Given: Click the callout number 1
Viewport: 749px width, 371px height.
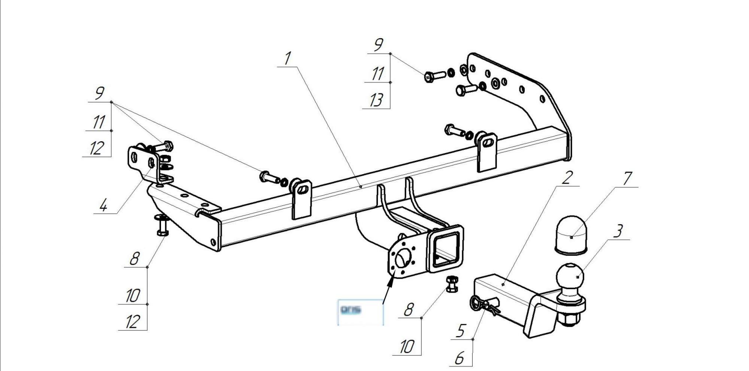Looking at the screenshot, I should [288, 59].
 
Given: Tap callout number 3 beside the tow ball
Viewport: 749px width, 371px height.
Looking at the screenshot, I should [618, 231].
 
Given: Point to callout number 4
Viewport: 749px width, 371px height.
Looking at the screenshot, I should [104, 205].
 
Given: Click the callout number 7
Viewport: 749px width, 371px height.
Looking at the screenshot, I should [627, 179].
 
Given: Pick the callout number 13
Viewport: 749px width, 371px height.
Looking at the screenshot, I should [376, 100].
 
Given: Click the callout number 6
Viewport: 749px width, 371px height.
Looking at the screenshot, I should [460, 358].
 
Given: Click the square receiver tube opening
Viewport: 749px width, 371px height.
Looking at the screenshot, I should [446, 249].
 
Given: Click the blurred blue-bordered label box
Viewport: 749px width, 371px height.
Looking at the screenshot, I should [360, 311].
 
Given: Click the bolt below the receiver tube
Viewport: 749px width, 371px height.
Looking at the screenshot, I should [452, 284].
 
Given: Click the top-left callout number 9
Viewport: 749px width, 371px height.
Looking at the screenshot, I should [99, 93].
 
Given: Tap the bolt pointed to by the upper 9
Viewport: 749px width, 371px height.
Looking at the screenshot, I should [434, 75].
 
